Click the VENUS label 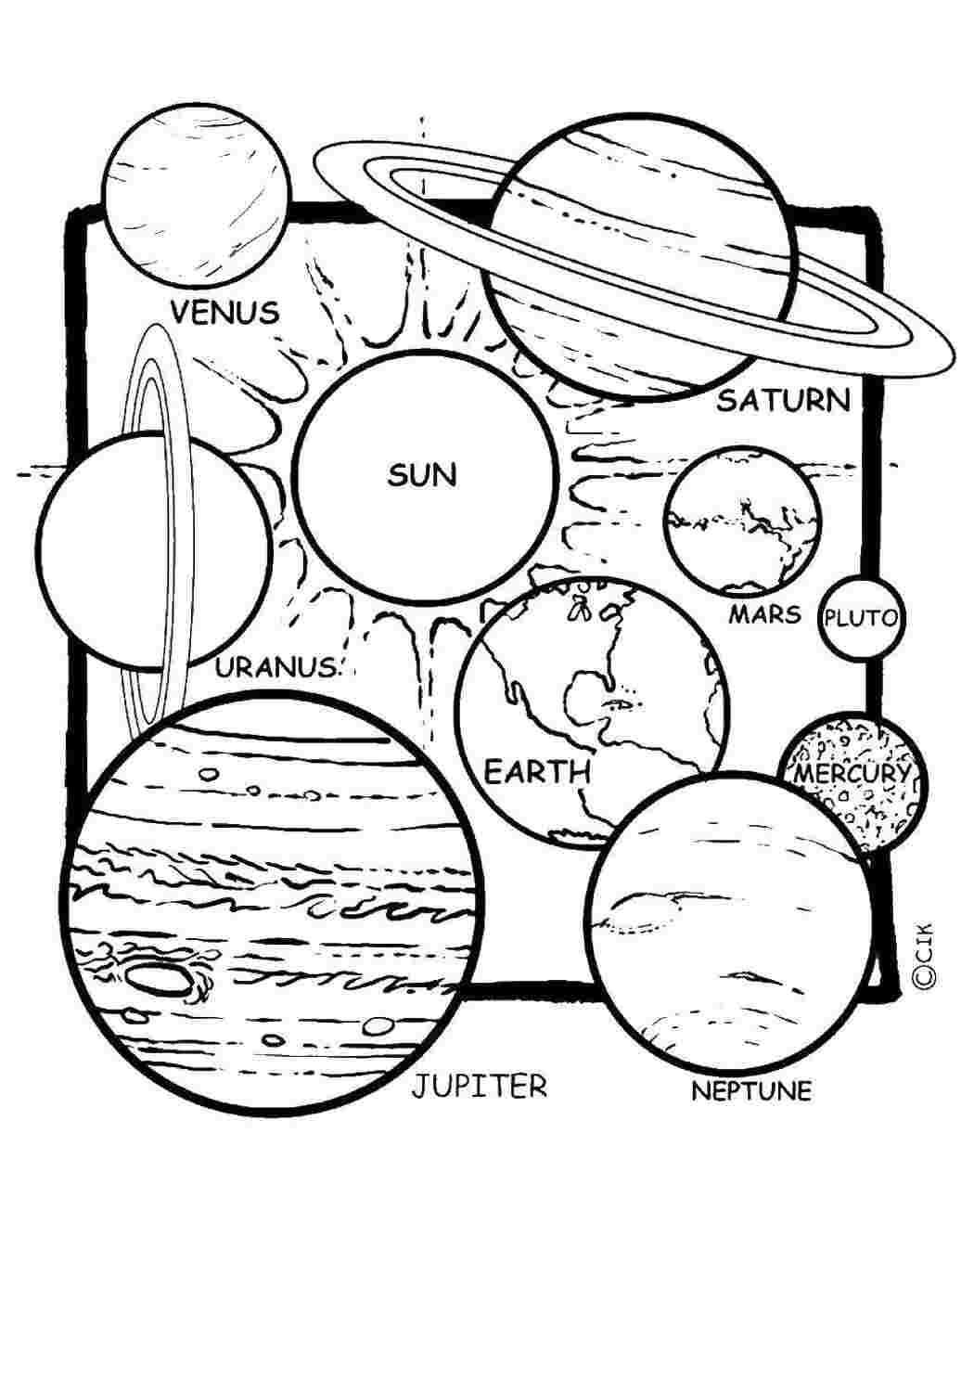[224, 312]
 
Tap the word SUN [422, 475]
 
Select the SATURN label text [784, 401]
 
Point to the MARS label [765, 614]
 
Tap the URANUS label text [276, 667]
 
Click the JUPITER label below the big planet [479, 1086]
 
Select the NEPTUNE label [751, 1091]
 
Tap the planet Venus [197, 196]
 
